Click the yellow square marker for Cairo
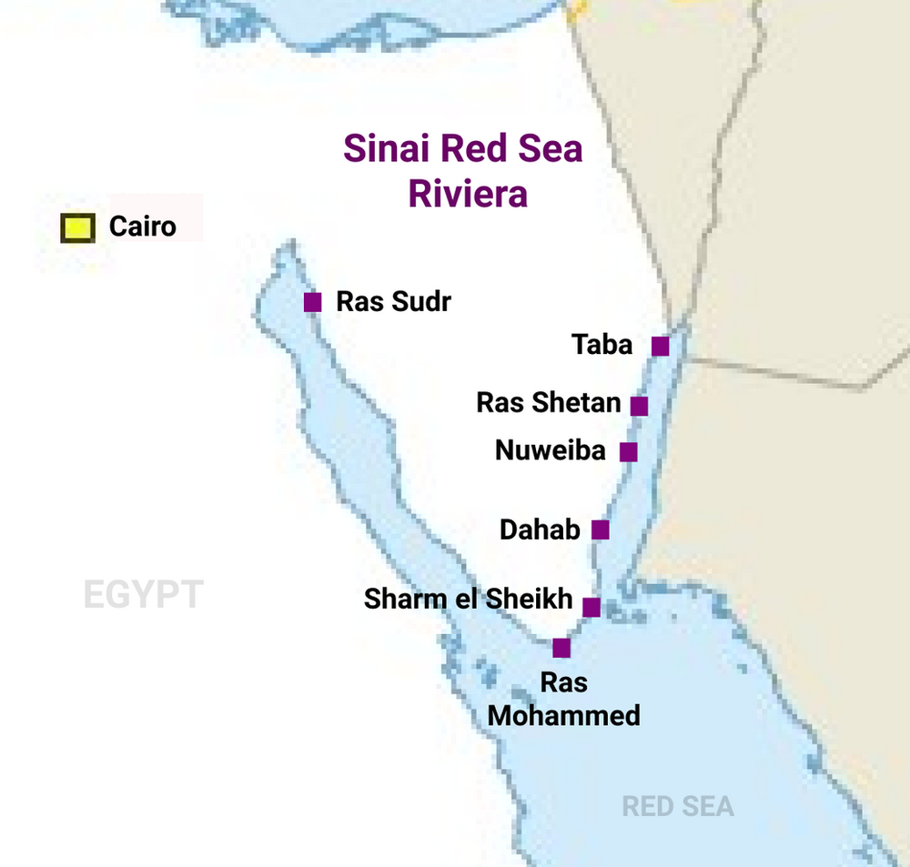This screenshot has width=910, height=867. (77, 228)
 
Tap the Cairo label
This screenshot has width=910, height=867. (142, 226)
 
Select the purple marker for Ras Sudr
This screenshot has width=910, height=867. (312, 302)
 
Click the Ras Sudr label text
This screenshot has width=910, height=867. (393, 301)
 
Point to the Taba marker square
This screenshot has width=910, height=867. (661, 346)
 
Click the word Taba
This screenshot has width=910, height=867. (602, 345)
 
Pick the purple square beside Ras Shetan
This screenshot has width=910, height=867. (640, 406)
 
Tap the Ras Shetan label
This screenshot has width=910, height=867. (549, 402)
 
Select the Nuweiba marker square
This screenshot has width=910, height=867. (628, 451)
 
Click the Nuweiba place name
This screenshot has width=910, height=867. (551, 449)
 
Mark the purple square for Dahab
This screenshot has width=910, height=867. (601, 529)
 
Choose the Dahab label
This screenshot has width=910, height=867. (540, 529)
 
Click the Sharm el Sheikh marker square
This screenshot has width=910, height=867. (591, 607)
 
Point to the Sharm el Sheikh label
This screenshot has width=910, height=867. (468, 599)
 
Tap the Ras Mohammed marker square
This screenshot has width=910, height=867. (561, 648)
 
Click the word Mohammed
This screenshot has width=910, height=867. (563, 715)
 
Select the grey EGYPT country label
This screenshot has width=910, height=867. (143, 595)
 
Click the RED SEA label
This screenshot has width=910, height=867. (677, 806)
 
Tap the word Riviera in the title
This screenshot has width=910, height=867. (468, 194)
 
